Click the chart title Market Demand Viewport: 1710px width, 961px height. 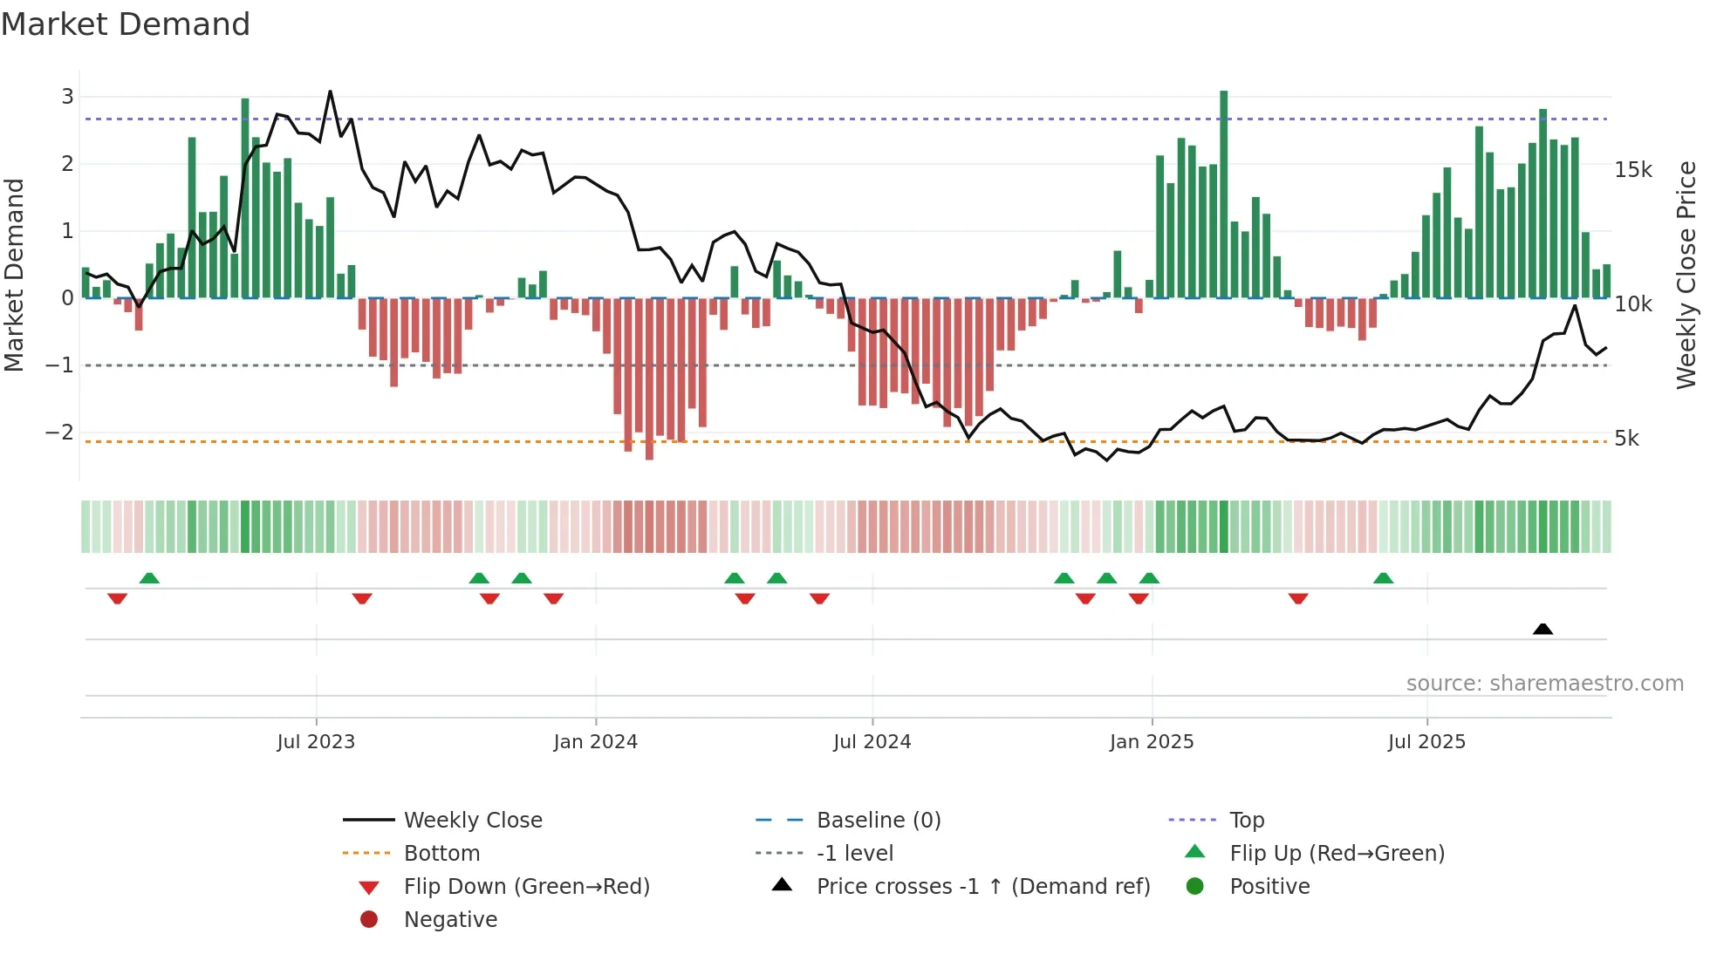coord(126,24)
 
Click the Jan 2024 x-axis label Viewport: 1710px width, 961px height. coord(595,742)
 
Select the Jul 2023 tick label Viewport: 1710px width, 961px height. coord(316,742)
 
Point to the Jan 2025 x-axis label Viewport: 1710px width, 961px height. coord(1152,742)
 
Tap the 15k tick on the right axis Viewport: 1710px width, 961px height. coord(1633,170)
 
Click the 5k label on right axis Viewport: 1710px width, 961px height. coord(1626,439)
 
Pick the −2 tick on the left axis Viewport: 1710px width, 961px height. coord(59,433)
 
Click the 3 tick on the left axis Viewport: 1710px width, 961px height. coord(67,97)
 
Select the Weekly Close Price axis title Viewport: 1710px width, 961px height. coord(1686,275)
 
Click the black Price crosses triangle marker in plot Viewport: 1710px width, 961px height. coord(1542,630)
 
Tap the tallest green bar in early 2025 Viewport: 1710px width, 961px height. coord(1223,192)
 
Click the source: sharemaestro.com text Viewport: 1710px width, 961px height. coord(1544,684)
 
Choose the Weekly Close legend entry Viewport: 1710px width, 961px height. coord(472,821)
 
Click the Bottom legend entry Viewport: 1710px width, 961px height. coord(441,854)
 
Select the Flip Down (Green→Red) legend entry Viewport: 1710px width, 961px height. coord(526,887)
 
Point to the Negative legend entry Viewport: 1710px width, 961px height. coord(450,920)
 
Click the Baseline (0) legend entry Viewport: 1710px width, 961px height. coord(878,821)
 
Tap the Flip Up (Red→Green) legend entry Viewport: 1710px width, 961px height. coord(1337,854)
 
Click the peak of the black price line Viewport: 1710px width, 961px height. coord(330,92)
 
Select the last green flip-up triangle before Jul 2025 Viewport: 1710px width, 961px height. coord(1383,578)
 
